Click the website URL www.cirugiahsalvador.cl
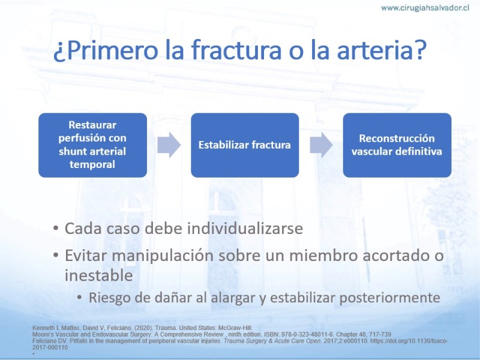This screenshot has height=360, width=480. coord(425,8)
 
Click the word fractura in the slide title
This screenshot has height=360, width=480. coord(236,49)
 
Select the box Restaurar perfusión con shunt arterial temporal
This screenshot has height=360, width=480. coord(93,145)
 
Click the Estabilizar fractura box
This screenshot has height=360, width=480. coord(245,145)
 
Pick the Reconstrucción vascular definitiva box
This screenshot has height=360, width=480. coord(397,145)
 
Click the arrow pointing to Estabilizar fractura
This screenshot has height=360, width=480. coord(169,145)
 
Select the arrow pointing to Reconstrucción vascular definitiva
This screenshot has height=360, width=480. coord(321,145)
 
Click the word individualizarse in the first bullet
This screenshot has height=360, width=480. coord(245,229)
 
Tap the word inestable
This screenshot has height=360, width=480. coord(98,275)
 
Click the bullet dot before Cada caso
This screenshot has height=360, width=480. coord(55,229)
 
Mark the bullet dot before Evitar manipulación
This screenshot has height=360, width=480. coord(55,256)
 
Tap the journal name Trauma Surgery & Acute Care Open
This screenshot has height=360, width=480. coord(273,341)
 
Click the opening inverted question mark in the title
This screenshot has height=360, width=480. coord(59,53)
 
